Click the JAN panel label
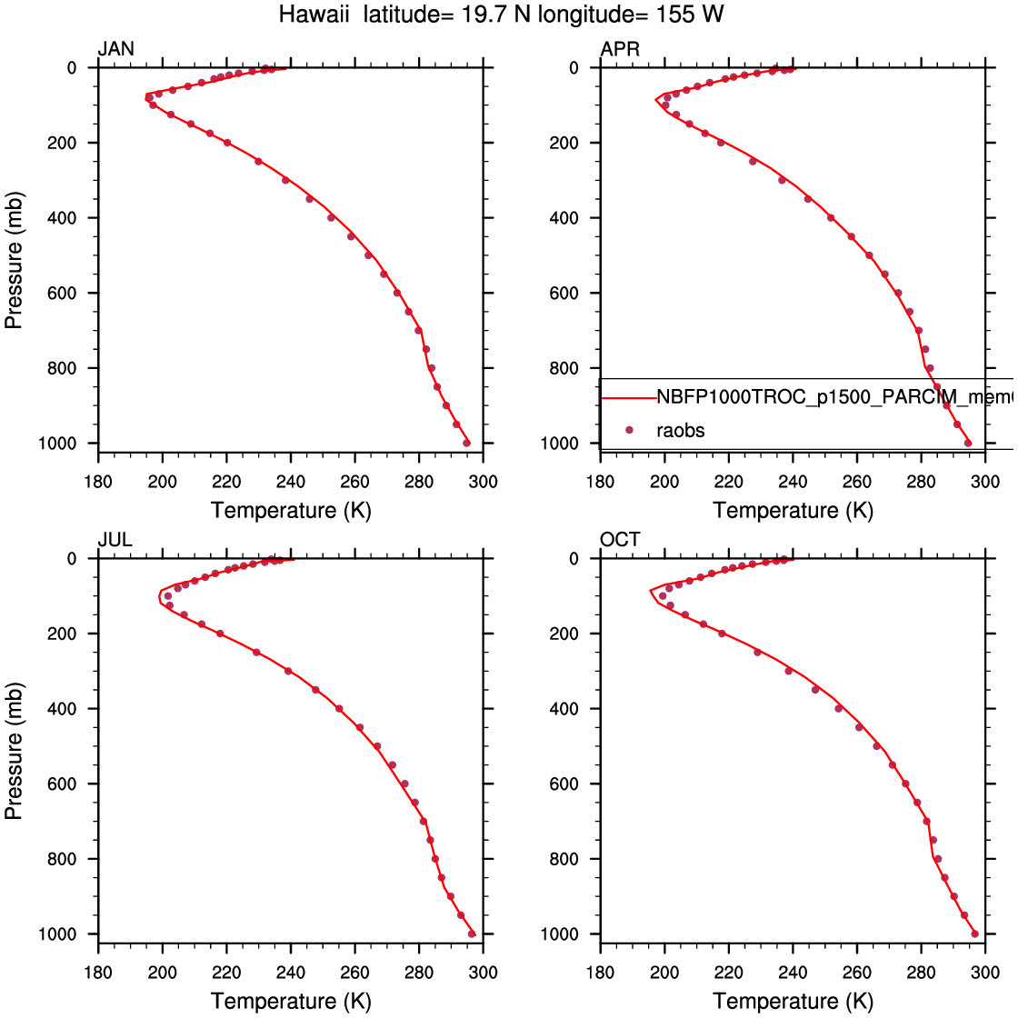(115, 49)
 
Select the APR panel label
(620, 49)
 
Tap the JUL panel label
(115, 540)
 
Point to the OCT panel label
(620, 540)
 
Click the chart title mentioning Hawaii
(502, 15)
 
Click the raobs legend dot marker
(629, 430)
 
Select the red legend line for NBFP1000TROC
(628, 397)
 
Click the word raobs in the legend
(680, 430)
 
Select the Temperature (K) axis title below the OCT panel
(793, 1002)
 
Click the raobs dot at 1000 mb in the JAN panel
(466, 443)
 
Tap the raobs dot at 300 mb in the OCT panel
(789, 671)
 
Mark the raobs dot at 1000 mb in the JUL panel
(472, 933)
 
